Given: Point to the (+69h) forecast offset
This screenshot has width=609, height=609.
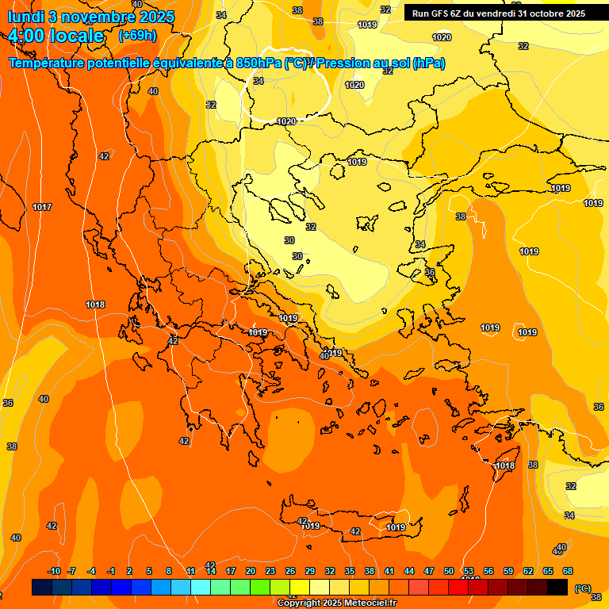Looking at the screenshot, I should [137, 36].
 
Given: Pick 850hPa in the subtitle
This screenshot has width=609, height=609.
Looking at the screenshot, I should [259, 63].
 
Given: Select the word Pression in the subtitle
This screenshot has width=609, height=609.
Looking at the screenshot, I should [358, 63].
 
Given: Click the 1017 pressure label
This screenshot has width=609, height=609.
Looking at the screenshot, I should [42, 207].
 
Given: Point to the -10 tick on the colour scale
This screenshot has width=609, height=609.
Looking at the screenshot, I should [54, 571].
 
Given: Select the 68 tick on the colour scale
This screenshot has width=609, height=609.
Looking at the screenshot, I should [568, 571].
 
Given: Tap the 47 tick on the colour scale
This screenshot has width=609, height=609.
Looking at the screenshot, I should [429, 571].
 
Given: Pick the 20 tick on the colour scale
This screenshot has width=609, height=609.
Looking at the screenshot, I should [251, 571].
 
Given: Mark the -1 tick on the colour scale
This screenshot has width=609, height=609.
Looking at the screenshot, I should [111, 571].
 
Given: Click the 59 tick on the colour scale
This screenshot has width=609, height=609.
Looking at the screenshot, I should [508, 571].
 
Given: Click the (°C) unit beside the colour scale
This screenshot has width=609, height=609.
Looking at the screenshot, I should [582, 588].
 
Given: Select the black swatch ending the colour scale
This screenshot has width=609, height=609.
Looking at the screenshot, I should [557, 588].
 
